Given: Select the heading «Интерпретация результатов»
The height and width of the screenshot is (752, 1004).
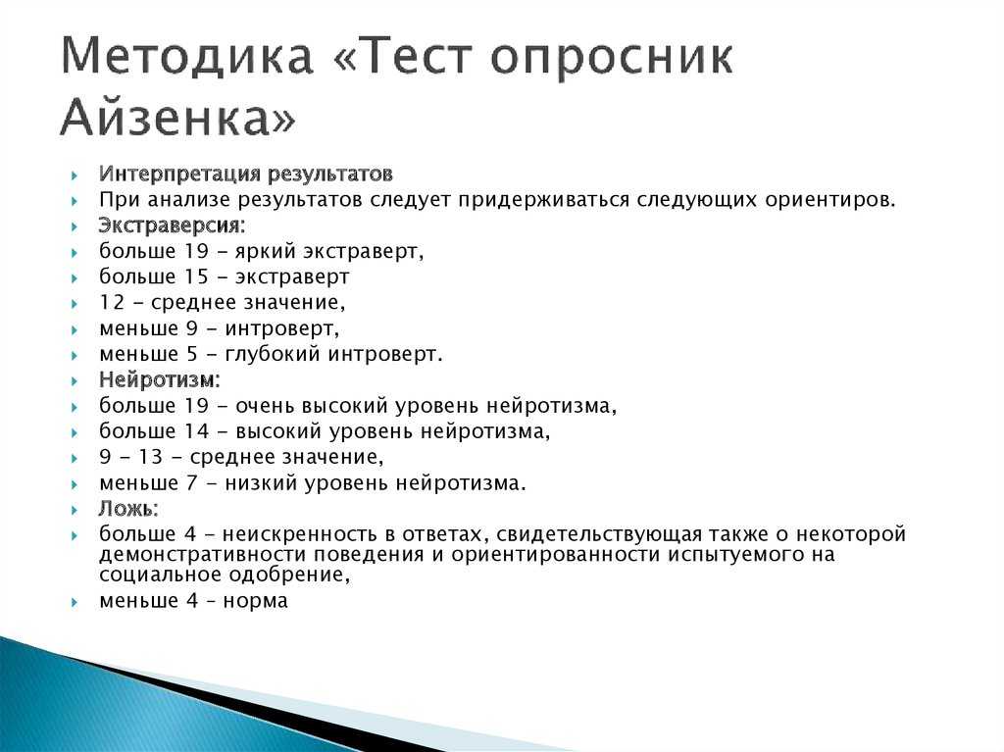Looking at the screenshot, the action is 246,175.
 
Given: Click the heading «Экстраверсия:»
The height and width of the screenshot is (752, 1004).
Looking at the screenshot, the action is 173,226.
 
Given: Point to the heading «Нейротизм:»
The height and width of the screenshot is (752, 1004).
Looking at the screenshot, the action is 160,379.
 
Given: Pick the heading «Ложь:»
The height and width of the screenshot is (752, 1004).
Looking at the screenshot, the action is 128,509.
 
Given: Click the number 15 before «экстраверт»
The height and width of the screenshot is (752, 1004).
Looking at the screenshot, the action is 196,276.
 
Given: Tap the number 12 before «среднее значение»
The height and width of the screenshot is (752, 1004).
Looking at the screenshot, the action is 112,302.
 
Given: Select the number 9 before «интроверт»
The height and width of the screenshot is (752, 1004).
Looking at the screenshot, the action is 192,328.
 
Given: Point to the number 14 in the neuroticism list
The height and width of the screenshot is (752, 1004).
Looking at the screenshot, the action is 196,431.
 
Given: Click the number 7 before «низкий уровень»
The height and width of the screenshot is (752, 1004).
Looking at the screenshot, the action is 192,483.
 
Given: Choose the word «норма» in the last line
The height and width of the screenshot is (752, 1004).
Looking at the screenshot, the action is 256,601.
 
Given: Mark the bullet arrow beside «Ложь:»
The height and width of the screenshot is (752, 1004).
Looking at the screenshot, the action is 75,510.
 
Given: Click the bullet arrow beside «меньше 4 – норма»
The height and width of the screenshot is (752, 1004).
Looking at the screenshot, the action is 75,602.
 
